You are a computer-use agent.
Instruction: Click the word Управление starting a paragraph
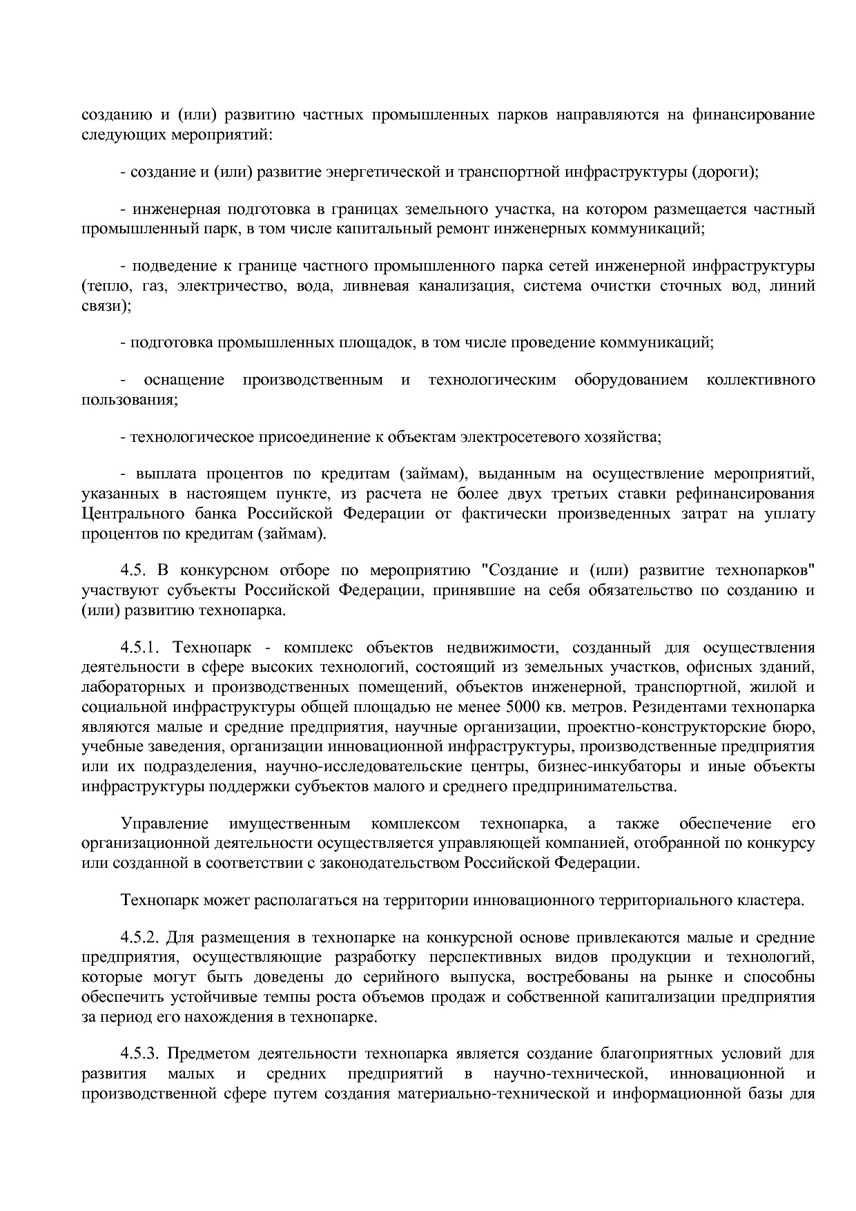click(165, 823)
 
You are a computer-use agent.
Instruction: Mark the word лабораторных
click(132, 687)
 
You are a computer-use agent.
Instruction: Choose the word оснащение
click(184, 380)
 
